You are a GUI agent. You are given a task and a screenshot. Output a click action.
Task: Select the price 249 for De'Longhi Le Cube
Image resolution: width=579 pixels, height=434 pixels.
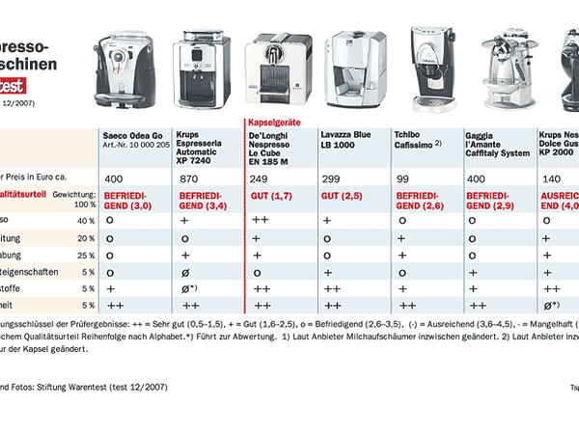(x=258, y=180)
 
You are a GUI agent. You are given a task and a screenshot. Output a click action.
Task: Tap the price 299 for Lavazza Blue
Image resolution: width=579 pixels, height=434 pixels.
(x=331, y=180)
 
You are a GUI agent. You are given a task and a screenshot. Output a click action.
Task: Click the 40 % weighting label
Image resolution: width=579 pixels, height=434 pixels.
(x=86, y=220)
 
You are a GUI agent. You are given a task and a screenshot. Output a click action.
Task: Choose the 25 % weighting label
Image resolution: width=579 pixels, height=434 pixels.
(x=86, y=255)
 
